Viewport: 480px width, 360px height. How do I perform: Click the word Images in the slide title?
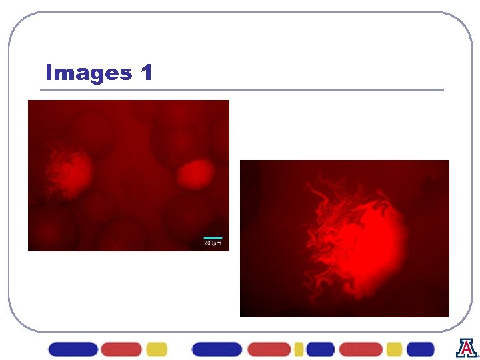coord(89,73)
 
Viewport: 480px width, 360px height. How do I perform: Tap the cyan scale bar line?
coord(212,237)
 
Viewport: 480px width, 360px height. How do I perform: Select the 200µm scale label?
coord(212,244)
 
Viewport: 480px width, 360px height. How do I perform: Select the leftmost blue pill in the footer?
coord(73,349)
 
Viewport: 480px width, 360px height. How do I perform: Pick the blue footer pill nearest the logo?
coord(420,349)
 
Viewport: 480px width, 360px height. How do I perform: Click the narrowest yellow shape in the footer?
coord(299,349)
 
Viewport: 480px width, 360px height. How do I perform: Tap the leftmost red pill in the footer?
coord(121,349)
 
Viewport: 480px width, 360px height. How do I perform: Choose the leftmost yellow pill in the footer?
coord(157,349)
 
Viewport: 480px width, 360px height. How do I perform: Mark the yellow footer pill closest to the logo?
coord(394,349)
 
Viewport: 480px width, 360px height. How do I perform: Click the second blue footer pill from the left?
coord(217,349)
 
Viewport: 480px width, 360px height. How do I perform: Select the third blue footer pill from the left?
coord(321,349)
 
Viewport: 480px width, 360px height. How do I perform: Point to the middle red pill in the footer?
coord(269,349)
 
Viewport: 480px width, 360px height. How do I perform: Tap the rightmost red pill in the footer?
coord(361,349)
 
